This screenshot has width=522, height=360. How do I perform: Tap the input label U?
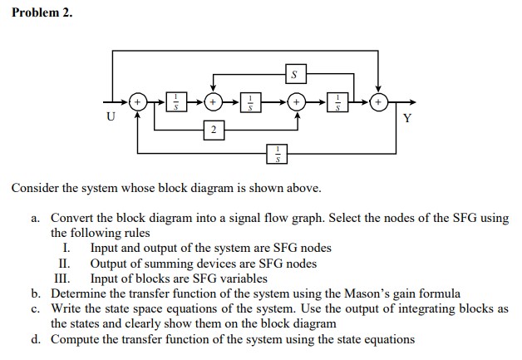pos(110,117)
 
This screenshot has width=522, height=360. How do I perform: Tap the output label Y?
pos(406,117)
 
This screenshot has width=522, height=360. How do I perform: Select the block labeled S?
pos(292,76)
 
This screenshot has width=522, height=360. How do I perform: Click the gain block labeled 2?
pos(214,130)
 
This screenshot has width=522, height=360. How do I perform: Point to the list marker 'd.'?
pos(37,338)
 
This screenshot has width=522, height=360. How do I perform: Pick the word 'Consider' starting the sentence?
pos(34,188)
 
